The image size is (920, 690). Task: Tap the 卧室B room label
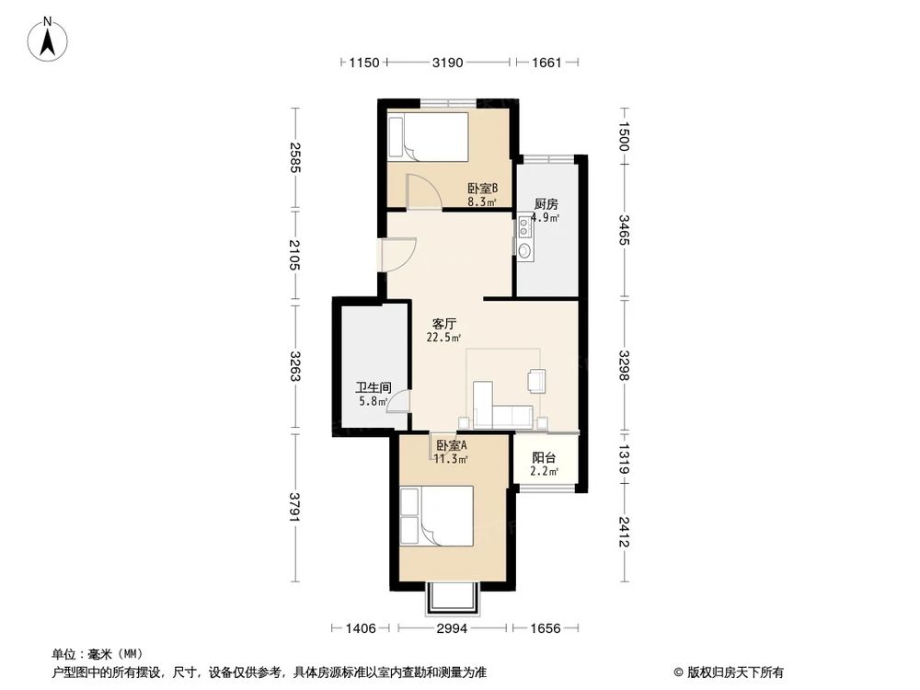click(x=482, y=188)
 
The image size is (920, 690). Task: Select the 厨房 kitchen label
click(x=547, y=205)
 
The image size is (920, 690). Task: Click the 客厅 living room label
click(x=445, y=324)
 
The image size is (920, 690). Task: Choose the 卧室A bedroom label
click(x=452, y=445)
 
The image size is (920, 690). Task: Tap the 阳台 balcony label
click(x=544, y=457)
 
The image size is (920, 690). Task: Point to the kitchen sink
click(x=524, y=249)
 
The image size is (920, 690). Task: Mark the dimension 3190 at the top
click(x=447, y=63)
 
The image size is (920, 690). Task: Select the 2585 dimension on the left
click(x=294, y=159)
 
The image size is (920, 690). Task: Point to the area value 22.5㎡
click(x=443, y=338)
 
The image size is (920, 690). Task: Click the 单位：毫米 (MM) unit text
click(x=93, y=655)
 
